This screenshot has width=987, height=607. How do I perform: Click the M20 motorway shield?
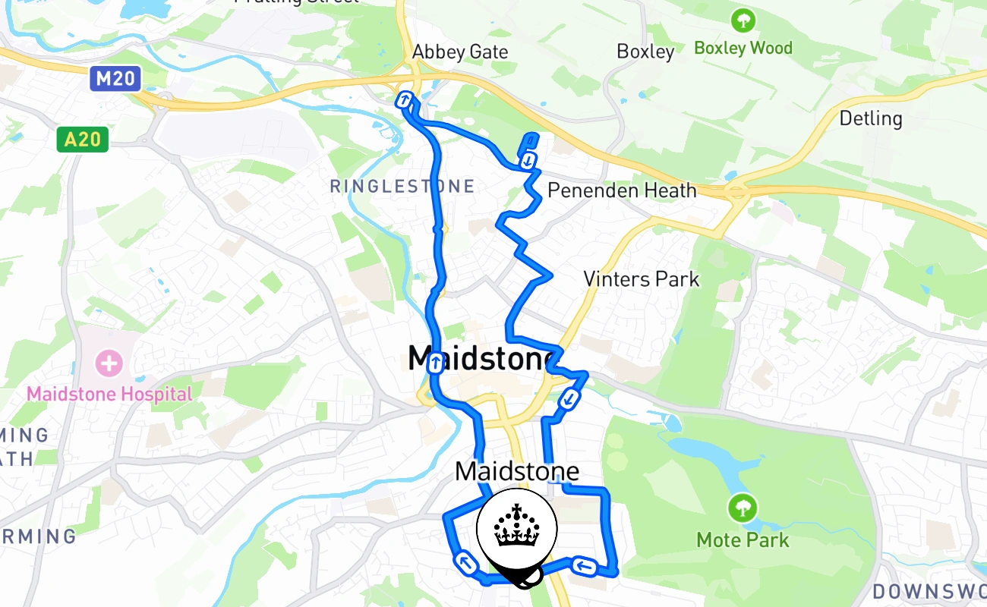[x=115, y=79]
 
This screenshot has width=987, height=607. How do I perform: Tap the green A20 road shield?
[x=82, y=139]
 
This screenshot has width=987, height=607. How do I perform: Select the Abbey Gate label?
[x=459, y=52]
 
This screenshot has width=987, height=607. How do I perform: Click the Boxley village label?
[x=645, y=52]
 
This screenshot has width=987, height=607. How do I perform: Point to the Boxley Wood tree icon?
[x=743, y=20]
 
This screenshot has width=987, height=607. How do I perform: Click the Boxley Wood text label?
[x=743, y=48]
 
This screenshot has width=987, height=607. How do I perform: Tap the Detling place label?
[x=871, y=118]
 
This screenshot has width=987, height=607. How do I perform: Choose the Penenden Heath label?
[x=622, y=190]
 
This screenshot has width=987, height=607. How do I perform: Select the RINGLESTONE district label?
[x=402, y=186]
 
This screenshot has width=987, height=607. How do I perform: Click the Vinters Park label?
[x=641, y=278]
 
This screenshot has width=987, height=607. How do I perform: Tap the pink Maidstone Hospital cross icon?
[x=109, y=363]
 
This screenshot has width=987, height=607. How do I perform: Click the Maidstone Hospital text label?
[x=109, y=394]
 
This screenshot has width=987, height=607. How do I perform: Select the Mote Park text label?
[x=743, y=540]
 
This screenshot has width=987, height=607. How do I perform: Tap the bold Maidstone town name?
[x=480, y=358]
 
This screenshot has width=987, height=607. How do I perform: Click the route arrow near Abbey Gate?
[x=405, y=99]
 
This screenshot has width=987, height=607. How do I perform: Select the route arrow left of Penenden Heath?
[x=528, y=160]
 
